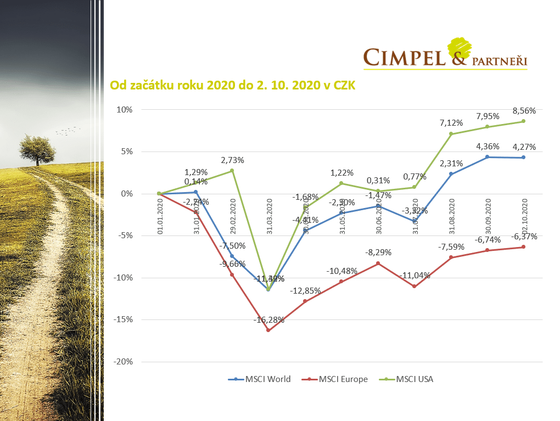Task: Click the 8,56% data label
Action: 524,110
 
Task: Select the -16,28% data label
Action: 268,319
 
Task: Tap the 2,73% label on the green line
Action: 232,160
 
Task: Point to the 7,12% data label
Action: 451,123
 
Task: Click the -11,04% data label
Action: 414,276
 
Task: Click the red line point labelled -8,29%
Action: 378,263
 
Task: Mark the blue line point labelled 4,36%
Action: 488,157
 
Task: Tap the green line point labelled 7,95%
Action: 488,127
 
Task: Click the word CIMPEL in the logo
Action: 404,57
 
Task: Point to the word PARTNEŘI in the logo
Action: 499,61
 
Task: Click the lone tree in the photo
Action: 37,148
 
